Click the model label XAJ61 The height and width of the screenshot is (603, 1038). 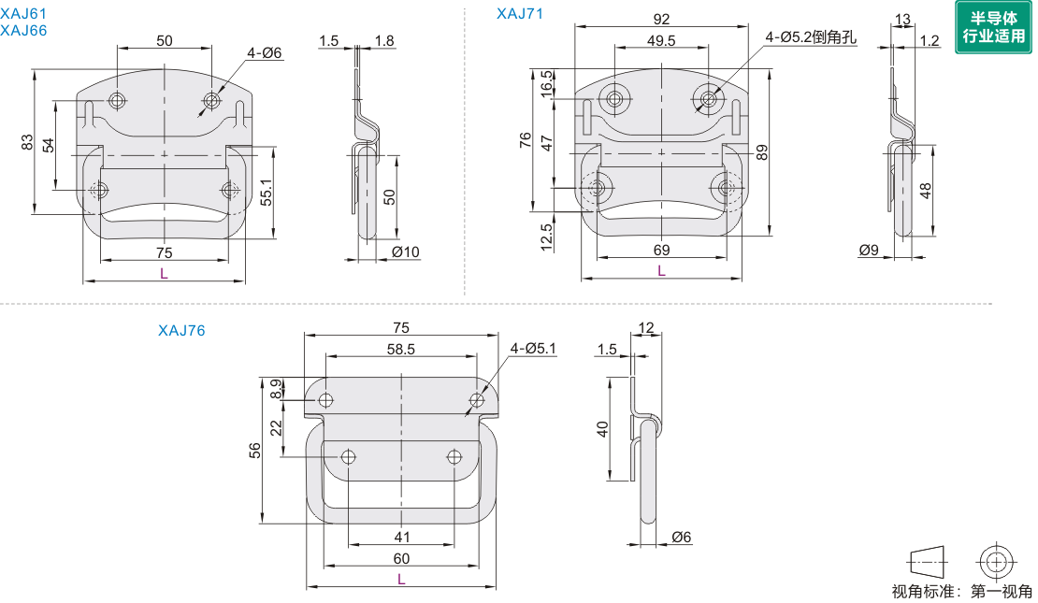[x=24, y=14]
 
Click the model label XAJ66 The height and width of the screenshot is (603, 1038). [x=24, y=30]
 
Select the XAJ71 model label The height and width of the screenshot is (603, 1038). [x=520, y=13]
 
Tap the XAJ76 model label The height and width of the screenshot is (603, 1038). [x=181, y=330]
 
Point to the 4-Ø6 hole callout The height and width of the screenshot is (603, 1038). [x=265, y=53]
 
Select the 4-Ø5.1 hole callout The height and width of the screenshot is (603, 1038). [x=533, y=349]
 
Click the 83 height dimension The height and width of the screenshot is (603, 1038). [x=27, y=142]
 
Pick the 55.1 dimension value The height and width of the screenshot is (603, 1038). [x=267, y=192]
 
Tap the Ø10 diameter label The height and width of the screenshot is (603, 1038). [x=406, y=252]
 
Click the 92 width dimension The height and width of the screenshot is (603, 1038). [x=661, y=19]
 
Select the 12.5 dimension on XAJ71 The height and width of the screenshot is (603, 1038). [x=546, y=232]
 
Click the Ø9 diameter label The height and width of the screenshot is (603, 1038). [x=869, y=250]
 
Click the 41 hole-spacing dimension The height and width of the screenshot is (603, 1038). [x=402, y=538]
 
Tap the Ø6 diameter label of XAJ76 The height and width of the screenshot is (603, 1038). [x=681, y=537]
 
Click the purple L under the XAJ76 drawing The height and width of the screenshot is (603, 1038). [x=401, y=580]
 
